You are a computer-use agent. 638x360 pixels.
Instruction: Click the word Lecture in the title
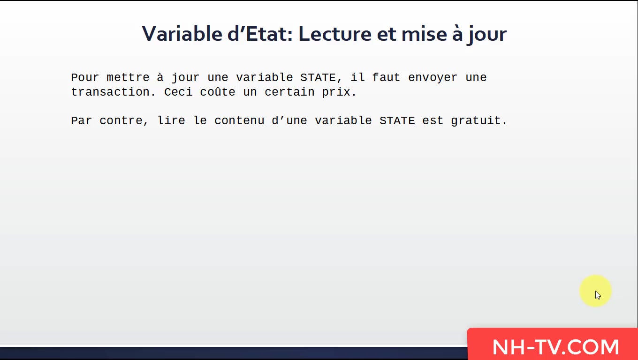coord(334,34)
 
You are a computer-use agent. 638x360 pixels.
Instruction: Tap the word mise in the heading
coord(424,34)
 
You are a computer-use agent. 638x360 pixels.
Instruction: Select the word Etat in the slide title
coord(266,34)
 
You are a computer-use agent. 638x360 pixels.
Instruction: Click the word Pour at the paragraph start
coord(85,77)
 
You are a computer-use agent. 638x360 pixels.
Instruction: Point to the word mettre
coord(128,77)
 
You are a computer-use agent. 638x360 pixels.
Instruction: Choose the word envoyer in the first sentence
coord(433,77)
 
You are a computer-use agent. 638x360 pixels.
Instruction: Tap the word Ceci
coord(178,92)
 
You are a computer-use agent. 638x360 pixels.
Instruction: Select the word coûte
coord(218,91)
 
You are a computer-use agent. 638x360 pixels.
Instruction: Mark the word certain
coord(289,92)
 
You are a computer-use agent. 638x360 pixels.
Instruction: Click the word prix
coord(336,92)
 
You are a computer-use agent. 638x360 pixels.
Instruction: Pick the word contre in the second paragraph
coord(121,120)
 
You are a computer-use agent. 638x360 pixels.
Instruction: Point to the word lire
coord(171,120)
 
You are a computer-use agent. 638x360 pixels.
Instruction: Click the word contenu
coord(239,120)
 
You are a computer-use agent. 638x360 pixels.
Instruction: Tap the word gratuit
coord(476,121)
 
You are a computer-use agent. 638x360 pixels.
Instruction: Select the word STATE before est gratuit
coord(397,120)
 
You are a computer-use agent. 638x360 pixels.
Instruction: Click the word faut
coord(386,77)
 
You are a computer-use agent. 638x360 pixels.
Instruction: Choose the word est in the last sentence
coord(433,120)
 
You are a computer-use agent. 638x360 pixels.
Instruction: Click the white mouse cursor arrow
coord(598,295)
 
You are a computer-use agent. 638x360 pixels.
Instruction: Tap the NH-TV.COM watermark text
coord(556,347)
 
